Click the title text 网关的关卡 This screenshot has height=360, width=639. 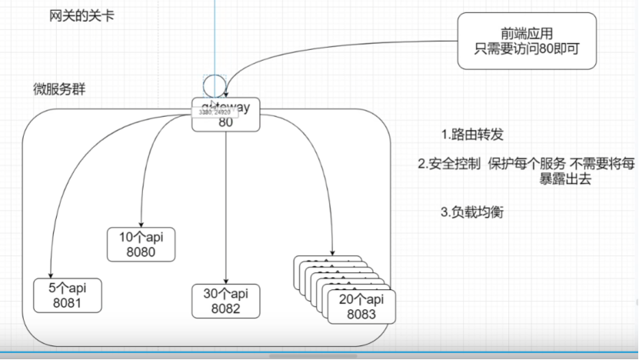coord(77,15)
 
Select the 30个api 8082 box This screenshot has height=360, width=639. coord(226,301)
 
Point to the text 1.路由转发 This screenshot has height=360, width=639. coord(472,135)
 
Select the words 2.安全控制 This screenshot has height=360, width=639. coord(449,164)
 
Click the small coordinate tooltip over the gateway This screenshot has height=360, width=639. coord(215,112)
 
